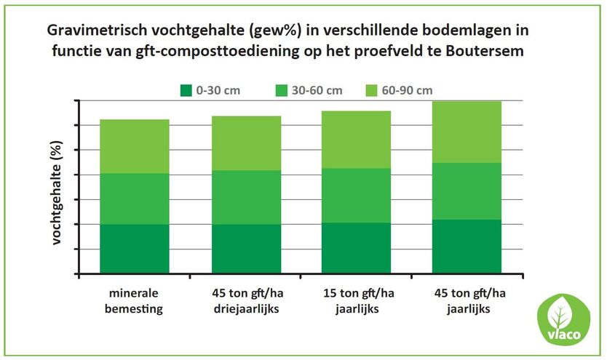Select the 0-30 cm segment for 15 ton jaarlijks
click(357, 248)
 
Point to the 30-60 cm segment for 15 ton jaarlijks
click(357, 195)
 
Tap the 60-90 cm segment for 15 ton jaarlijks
click(357, 140)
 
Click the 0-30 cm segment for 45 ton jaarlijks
click(467, 247)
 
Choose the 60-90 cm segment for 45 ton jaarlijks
click(467, 132)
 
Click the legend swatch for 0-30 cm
click(184, 90)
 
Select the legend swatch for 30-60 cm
click(280, 90)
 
